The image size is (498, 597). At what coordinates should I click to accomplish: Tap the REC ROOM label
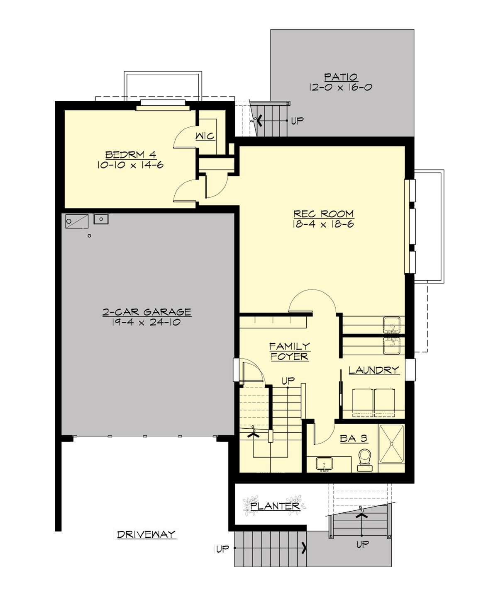click(x=323, y=214)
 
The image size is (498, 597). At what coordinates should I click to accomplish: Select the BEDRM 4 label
click(x=130, y=155)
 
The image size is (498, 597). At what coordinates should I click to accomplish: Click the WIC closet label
click(x=205, y=136)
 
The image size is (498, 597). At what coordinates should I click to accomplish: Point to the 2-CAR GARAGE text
click(x=147, y=312)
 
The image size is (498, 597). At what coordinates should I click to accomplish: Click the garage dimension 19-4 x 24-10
click(x=146, y=322)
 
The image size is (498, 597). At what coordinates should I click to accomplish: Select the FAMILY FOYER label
click(x=289, y=351)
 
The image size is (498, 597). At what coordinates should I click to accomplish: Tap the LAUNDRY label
click(x=373, y=370)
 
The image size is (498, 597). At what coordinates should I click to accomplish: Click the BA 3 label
click(x=353, y=438)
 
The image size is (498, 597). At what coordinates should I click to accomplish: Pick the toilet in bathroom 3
click(x=365, y=460)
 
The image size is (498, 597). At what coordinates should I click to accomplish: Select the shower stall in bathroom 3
click(x=391, y=443)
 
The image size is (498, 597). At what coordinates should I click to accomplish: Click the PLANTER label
click(x=275, y=506)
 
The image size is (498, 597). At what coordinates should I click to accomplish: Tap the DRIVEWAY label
click(x=146, y=534)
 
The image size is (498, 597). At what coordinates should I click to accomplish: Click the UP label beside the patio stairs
click(x=297, y=121)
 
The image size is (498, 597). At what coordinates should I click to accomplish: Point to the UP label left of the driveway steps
click(x=222, y=548)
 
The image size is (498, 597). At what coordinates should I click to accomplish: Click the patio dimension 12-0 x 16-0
click(x=340, y=87)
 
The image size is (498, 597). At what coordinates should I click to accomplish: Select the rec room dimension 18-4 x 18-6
click(x=323, y=224)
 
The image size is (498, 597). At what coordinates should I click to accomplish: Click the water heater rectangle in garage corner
click(x=77, y=221)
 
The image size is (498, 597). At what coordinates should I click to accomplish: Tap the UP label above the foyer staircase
click(x=288, y=380)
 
